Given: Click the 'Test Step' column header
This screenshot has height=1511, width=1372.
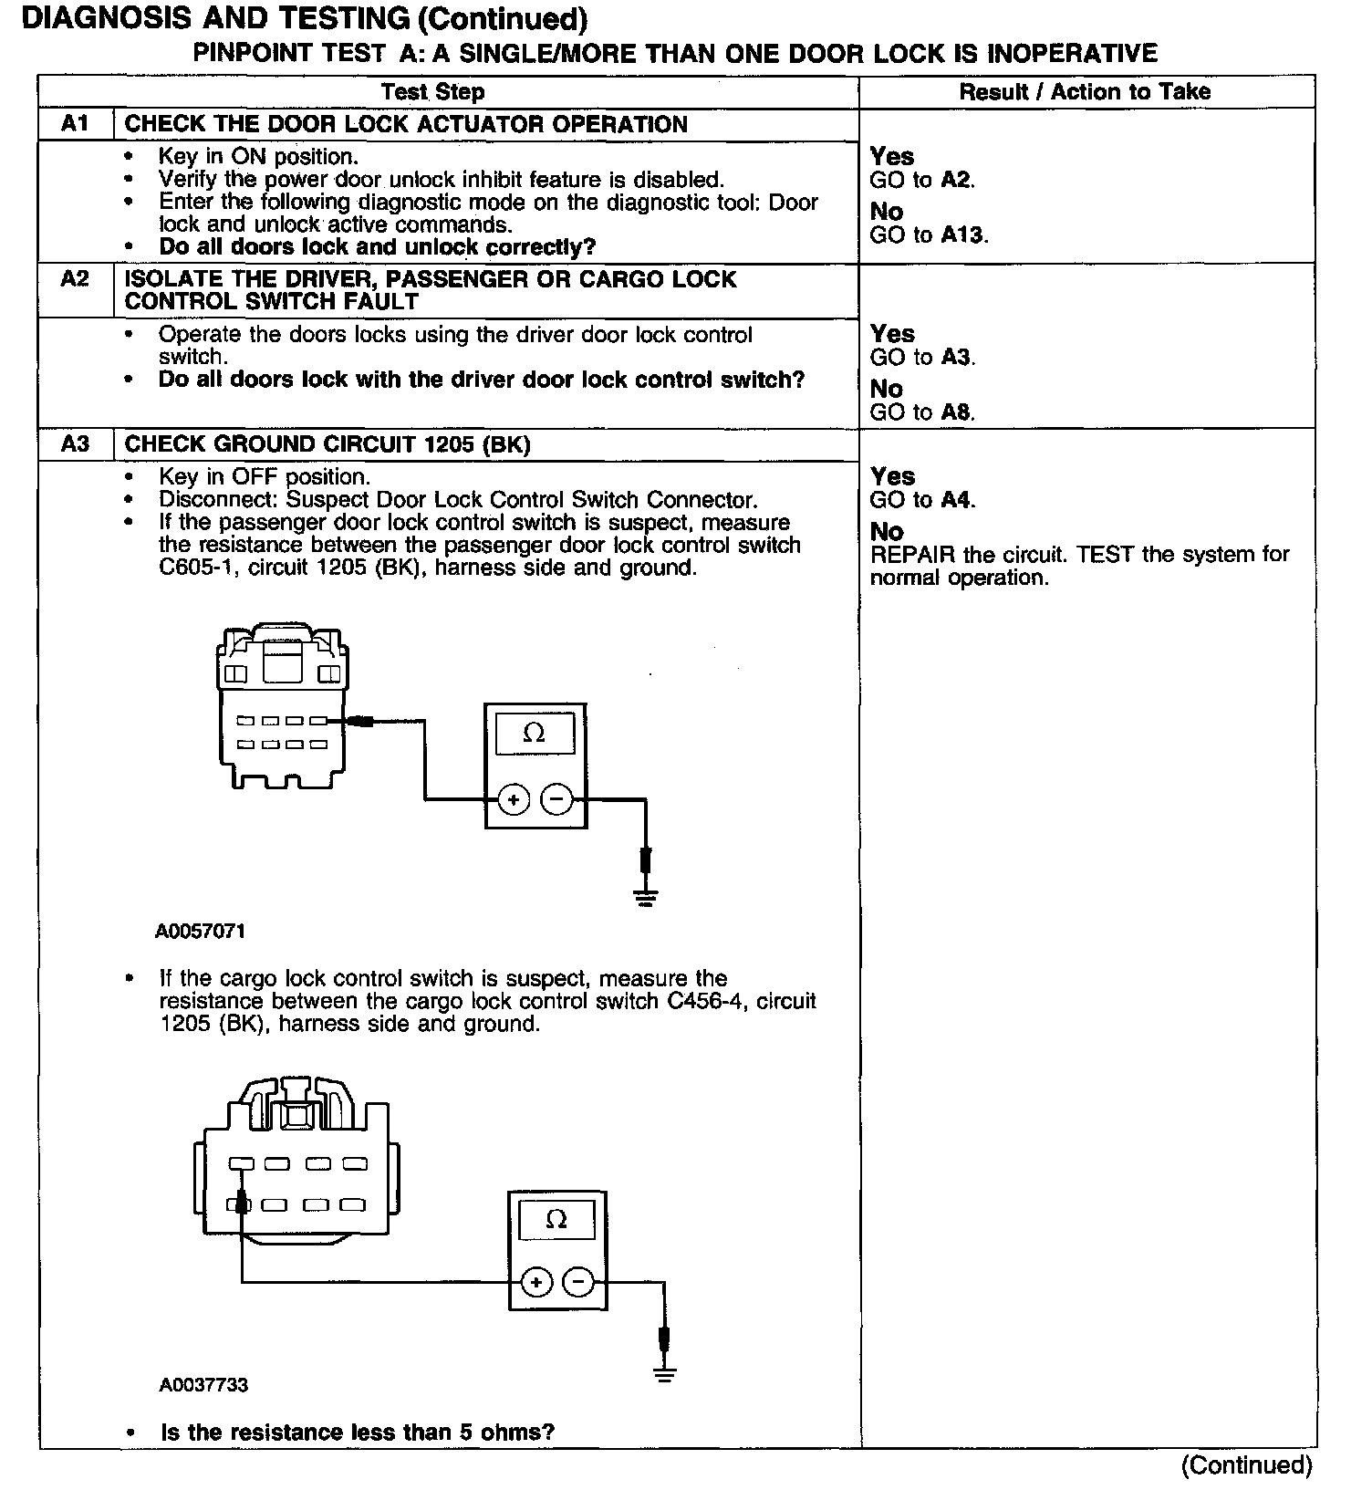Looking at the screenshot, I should pyautogui.click(x=432, y=92).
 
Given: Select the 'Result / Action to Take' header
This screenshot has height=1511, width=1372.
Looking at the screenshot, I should pyautogui.click(x=1085, y=92).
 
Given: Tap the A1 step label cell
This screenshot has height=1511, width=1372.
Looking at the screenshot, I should pyautogui.click(x=75, y=124).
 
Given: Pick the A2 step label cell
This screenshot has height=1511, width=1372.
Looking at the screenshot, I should pyautogui.click(x=75, y=279).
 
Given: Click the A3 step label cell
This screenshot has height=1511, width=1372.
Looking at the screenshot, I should pyautogui.click(x=75, y=444).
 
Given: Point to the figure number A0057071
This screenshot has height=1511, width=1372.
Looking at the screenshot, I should pyautogui.click(x=200, y=932).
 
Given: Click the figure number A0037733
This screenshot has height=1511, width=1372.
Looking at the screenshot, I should pyautogui.click(x=203, y=1385).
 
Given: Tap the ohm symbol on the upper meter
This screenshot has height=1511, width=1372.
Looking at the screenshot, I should pyautogui.click(x=535, y=734).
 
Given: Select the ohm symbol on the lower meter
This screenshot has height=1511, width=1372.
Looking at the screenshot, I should pyautogui.click(x=556, y=1220).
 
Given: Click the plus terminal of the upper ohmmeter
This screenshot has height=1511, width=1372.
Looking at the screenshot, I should pyautogui.click(x=514, y=800).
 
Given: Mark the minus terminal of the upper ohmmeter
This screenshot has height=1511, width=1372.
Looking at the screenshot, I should pyautogui.click(x=556, y=800).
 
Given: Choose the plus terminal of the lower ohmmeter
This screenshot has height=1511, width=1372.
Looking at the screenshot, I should pyautogui.click(x=536, y=1283).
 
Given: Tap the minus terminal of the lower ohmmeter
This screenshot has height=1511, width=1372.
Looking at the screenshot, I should pyautogui.click(x=578, y=1283).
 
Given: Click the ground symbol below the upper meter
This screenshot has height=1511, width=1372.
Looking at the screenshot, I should pyautogui.click(x=646, y=898).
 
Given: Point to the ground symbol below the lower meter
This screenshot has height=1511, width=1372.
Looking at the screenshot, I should pyautogui.click(x=665, y=1375).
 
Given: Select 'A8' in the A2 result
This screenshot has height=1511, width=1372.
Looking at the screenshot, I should pyautogui.click(x=956, y=412).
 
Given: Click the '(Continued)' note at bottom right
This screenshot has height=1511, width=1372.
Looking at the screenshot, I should pyautogui.click(x=1246, y=1466).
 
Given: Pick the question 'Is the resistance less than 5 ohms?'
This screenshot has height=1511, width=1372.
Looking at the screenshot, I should pyautogui.click(x=358, y=1433).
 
